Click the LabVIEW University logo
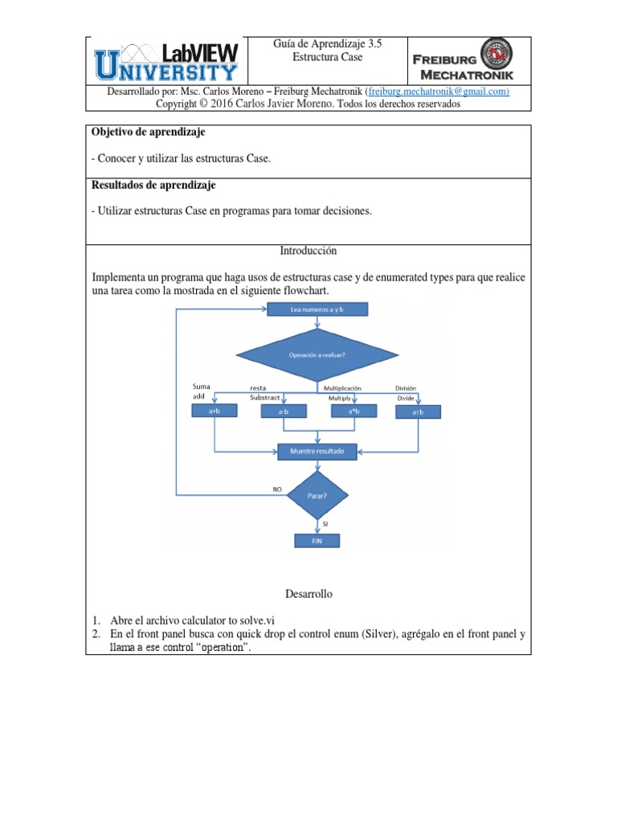(x=166, y=62)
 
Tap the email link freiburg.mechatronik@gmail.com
(x=439, y=92)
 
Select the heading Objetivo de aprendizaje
(x=149, y=131)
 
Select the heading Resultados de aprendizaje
(x=153, y=185)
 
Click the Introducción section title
(x=308, y=252)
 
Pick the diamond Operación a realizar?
(x=312, y=354)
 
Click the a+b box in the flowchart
(x=214, y=411)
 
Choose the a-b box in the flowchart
(x=284, y=411)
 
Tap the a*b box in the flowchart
(x=354, y=411)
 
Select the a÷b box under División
(x=418, y=411)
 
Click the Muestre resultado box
(x=317, y=452)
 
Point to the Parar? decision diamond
(x=317, y=496)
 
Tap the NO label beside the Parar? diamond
(x=278, y=488)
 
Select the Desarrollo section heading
(x=308, y=594)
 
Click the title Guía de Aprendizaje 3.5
(x=327, y=45)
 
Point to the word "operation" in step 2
(x=212, y=648)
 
